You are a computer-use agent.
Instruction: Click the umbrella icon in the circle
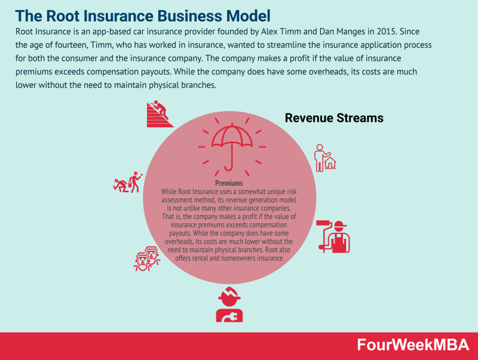click(x=232, y=147)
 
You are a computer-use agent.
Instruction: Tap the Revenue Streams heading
click(x=334, y=118)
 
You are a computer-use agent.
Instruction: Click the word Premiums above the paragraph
click(x=229, y=183)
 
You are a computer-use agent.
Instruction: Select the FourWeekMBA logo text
click(x=413, y=344)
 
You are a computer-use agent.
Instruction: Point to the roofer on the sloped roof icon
click(x=160, y=113)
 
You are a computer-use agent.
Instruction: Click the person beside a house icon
click(x=325, y=158)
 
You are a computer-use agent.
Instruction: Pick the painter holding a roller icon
click(x=333, y=236)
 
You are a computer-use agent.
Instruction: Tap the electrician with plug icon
click(x=229, y=304)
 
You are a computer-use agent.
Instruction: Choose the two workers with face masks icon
click(x=147, y=259)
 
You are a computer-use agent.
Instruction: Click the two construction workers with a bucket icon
click(x=127, y=182)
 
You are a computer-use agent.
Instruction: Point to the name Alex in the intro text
click(x=269, y=32)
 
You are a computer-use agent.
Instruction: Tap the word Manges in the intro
click(x=350, y=32)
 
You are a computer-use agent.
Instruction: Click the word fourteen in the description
click(x=71, y=45)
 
